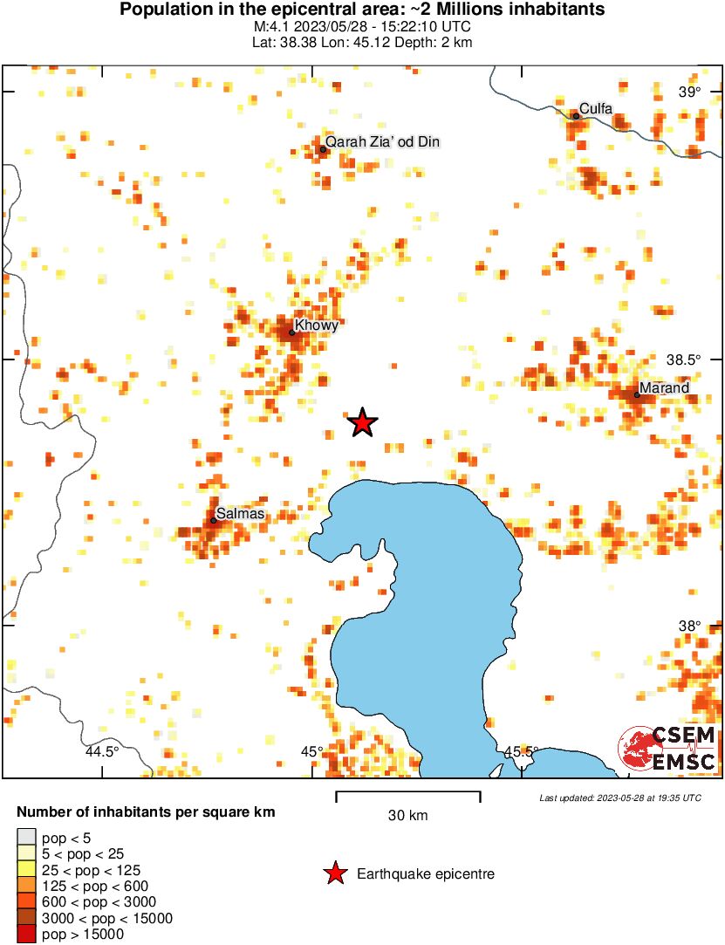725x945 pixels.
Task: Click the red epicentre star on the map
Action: pos(362,422)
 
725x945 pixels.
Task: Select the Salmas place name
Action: pos(241,514)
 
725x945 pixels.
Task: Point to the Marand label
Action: pos(664,387)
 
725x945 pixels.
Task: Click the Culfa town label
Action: pos(596,109)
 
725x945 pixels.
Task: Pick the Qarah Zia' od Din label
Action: pos(382,141)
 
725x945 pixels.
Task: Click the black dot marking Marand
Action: pos(637,395)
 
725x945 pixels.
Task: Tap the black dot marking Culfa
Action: pos(576,116)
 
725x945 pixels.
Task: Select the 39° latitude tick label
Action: pos(689,92)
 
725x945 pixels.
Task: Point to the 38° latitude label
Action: pos(689,626)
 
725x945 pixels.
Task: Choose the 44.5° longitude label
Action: pos(102,752)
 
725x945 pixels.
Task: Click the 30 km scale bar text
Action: pos(407,816)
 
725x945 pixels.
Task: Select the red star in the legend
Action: pos(334,873)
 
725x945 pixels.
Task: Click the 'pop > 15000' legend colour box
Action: pos(27,935)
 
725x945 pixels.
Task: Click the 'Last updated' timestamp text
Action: pos(619,798)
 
